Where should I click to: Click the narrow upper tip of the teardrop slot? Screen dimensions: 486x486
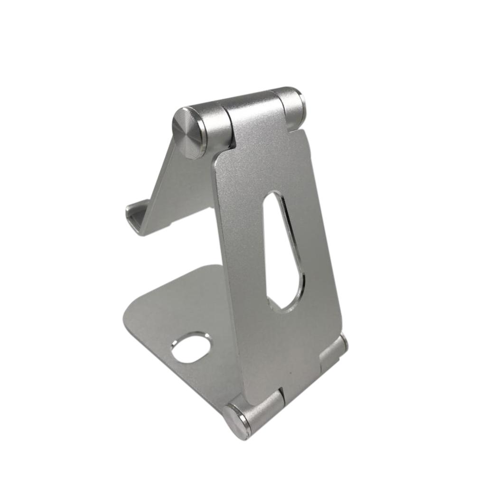click(x=272, y=199)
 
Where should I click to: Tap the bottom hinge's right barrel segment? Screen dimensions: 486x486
click(x=332, y=354)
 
